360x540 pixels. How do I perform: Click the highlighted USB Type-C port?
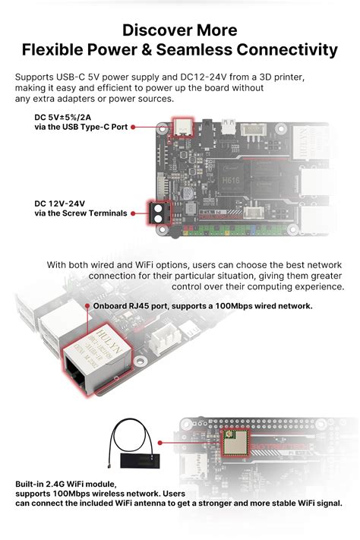click(x=182, y=127)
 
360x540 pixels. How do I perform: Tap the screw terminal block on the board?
click(x=159, y=213)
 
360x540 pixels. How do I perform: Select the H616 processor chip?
click(x=230, y=180)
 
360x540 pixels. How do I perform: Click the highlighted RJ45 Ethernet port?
click(x=96, y=359)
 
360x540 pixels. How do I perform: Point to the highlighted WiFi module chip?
click(x=234, y=443)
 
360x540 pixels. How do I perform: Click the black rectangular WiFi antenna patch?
click(x=140, y=460)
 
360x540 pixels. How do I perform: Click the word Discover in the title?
click(x=157, y=30)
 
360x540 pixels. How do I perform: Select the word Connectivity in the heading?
click(x=287, y=50)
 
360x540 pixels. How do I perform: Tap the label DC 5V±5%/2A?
click(x=63, y=117)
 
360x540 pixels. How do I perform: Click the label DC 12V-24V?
click(x=59, y=204)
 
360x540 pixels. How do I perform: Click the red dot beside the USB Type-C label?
click(x=133, y=127)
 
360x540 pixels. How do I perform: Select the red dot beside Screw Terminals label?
click(x=133, y=213)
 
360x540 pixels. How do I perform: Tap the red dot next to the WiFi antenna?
click(x=159, y=443)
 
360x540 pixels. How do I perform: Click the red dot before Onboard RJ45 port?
click(x=87, y=306)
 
